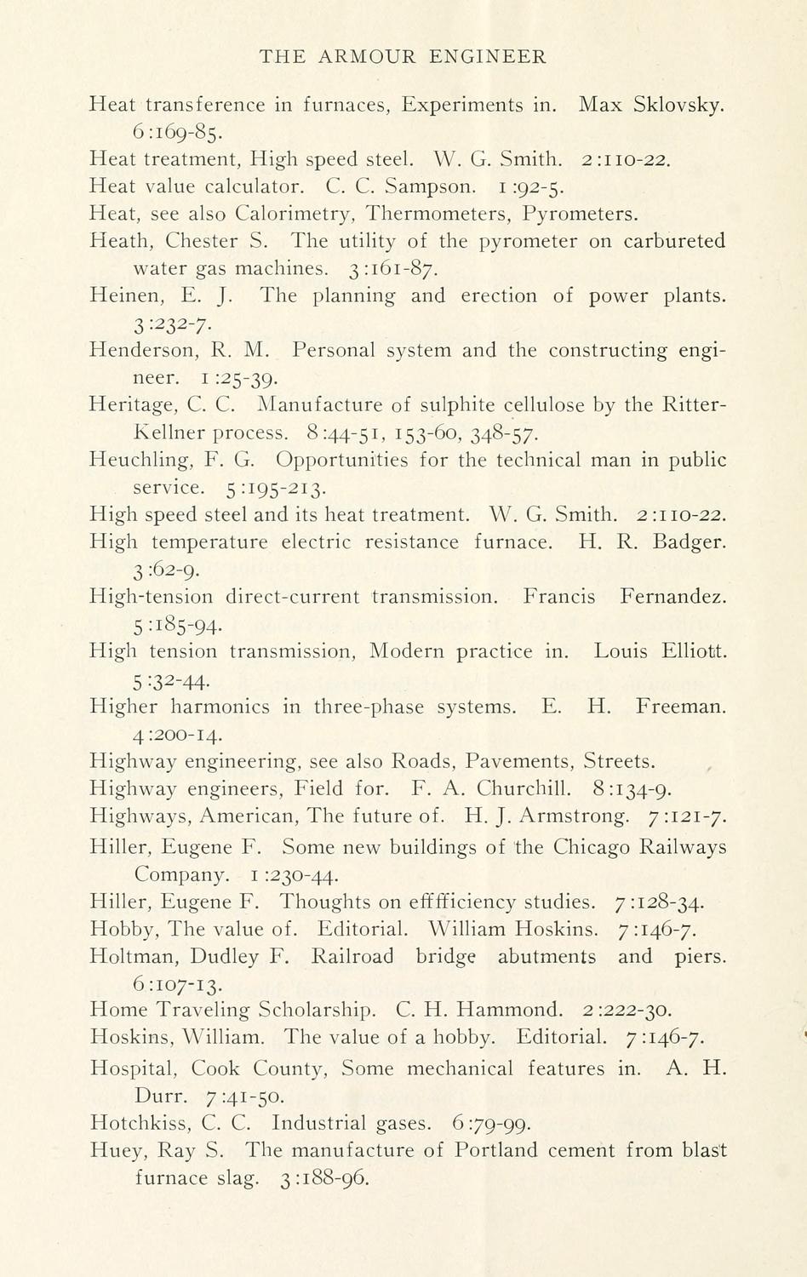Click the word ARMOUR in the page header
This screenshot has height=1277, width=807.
click(x=366, y=57)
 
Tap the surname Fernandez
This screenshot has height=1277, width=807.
click(x=673, y=597)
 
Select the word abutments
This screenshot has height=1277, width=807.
click(x=547, y=956)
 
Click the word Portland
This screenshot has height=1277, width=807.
click(x=496, y=1150)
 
